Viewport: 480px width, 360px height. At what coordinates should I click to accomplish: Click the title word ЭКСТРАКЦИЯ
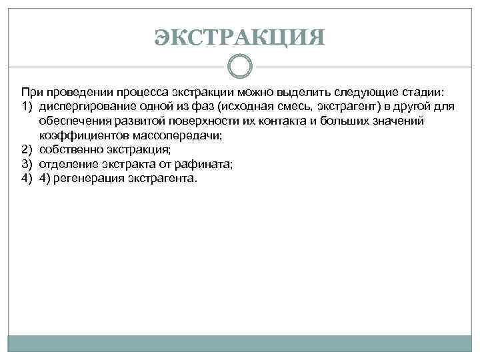pyautogui.click(x=240, y=37)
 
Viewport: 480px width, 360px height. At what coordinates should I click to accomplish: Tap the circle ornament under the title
pyautogui.click(x=240, y=67)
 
